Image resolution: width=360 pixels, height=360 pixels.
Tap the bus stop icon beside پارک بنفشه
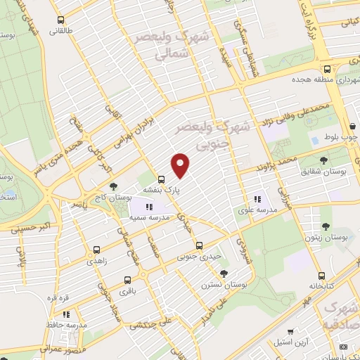click(161, 179)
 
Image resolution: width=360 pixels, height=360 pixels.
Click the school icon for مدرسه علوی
click(257, 198)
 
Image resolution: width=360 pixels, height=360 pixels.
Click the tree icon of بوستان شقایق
click(323, 160)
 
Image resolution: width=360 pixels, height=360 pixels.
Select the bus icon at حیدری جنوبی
click(200, 245)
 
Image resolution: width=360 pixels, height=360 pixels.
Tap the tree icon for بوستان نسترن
click(224, 274)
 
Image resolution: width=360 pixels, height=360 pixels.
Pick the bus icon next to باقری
click(127, 278)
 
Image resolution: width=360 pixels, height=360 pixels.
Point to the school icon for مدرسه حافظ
click(65, 314)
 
